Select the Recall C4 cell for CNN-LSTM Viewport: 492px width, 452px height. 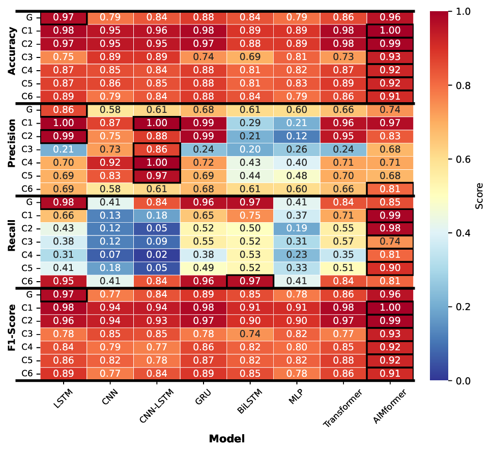coord(157,254)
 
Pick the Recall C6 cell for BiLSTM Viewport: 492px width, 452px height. coord(250,281)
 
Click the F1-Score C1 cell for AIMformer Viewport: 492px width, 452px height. coord(390,308)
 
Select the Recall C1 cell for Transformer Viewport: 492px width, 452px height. coord(343,215)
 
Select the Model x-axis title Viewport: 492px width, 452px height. coord(226,438)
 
